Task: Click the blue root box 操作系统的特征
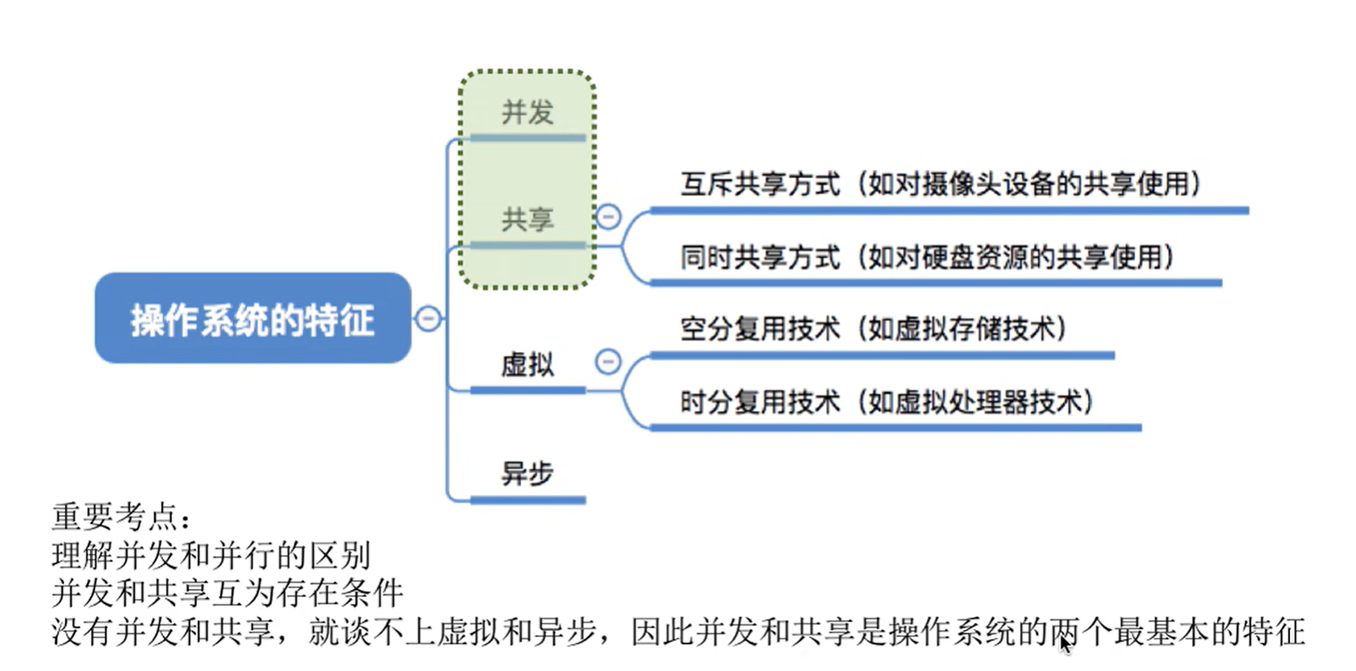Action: coord(253,318)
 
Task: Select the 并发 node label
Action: coord(527,112)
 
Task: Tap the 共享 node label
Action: coord(527,219)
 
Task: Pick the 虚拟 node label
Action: coord(527,364)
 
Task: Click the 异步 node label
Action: coord(527,473)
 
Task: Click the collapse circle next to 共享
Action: coord(609,217)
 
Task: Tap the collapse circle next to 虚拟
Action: coord(609,362)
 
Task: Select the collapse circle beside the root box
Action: coord(429,318)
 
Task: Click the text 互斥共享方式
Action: coord(760,185)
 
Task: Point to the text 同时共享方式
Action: coord(760,258)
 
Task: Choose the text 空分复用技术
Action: coord(760,329)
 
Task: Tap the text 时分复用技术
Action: coord(760,402)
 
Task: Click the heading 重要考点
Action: coord(120,519)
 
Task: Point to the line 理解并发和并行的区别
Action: coord(211,556)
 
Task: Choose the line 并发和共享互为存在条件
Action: coord(228,593)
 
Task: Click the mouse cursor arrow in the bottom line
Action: coord(1065,644)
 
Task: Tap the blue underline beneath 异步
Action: coord(527,500)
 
